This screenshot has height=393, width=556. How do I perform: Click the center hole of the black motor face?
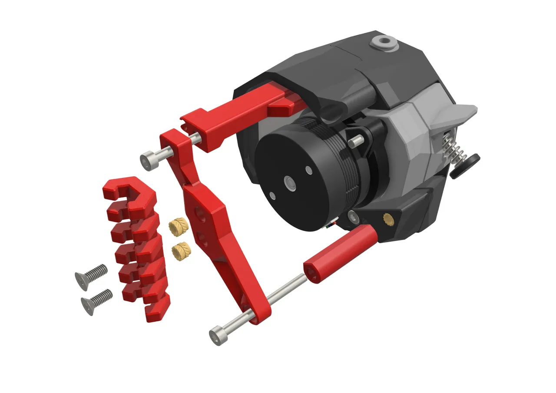[289, 183]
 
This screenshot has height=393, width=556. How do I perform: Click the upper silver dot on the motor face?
[309, 169]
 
